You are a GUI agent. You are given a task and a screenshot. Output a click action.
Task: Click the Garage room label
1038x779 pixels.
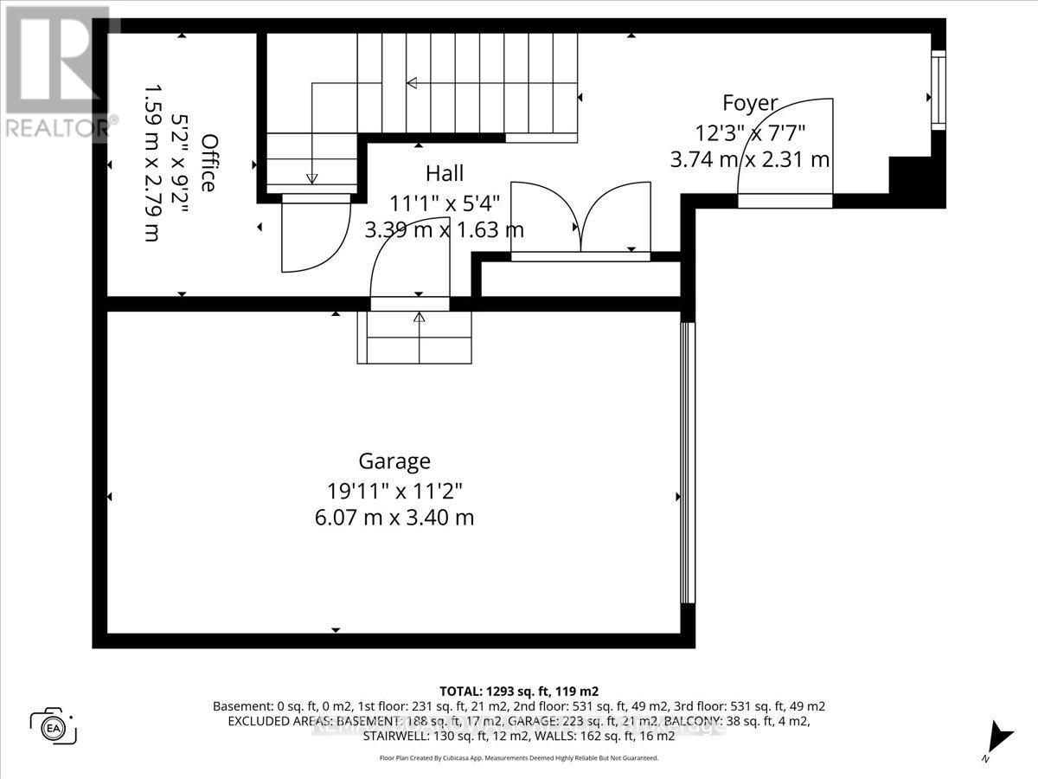(x=394, y=460)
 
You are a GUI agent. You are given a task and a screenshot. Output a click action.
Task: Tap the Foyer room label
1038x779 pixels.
(x=750, y=104)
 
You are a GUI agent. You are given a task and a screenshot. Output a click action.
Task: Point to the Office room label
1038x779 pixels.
(x=208, y=163)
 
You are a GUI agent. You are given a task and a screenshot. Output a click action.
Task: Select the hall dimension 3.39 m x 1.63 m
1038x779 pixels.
(x=445, y=230)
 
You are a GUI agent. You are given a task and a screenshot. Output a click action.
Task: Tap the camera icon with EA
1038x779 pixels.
(x=54, y=725)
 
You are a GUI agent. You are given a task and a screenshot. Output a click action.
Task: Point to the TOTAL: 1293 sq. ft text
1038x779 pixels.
(x=519, y=691)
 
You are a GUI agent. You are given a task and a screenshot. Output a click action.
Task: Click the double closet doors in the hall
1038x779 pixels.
(x=581, y=221)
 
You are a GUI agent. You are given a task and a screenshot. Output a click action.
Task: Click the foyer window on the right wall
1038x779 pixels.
(x=938, y=90)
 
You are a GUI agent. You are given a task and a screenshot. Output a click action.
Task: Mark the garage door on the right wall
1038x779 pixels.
(x=687, y=463)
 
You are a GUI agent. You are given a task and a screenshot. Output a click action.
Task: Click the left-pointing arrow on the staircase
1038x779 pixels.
(x=412, y=83)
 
